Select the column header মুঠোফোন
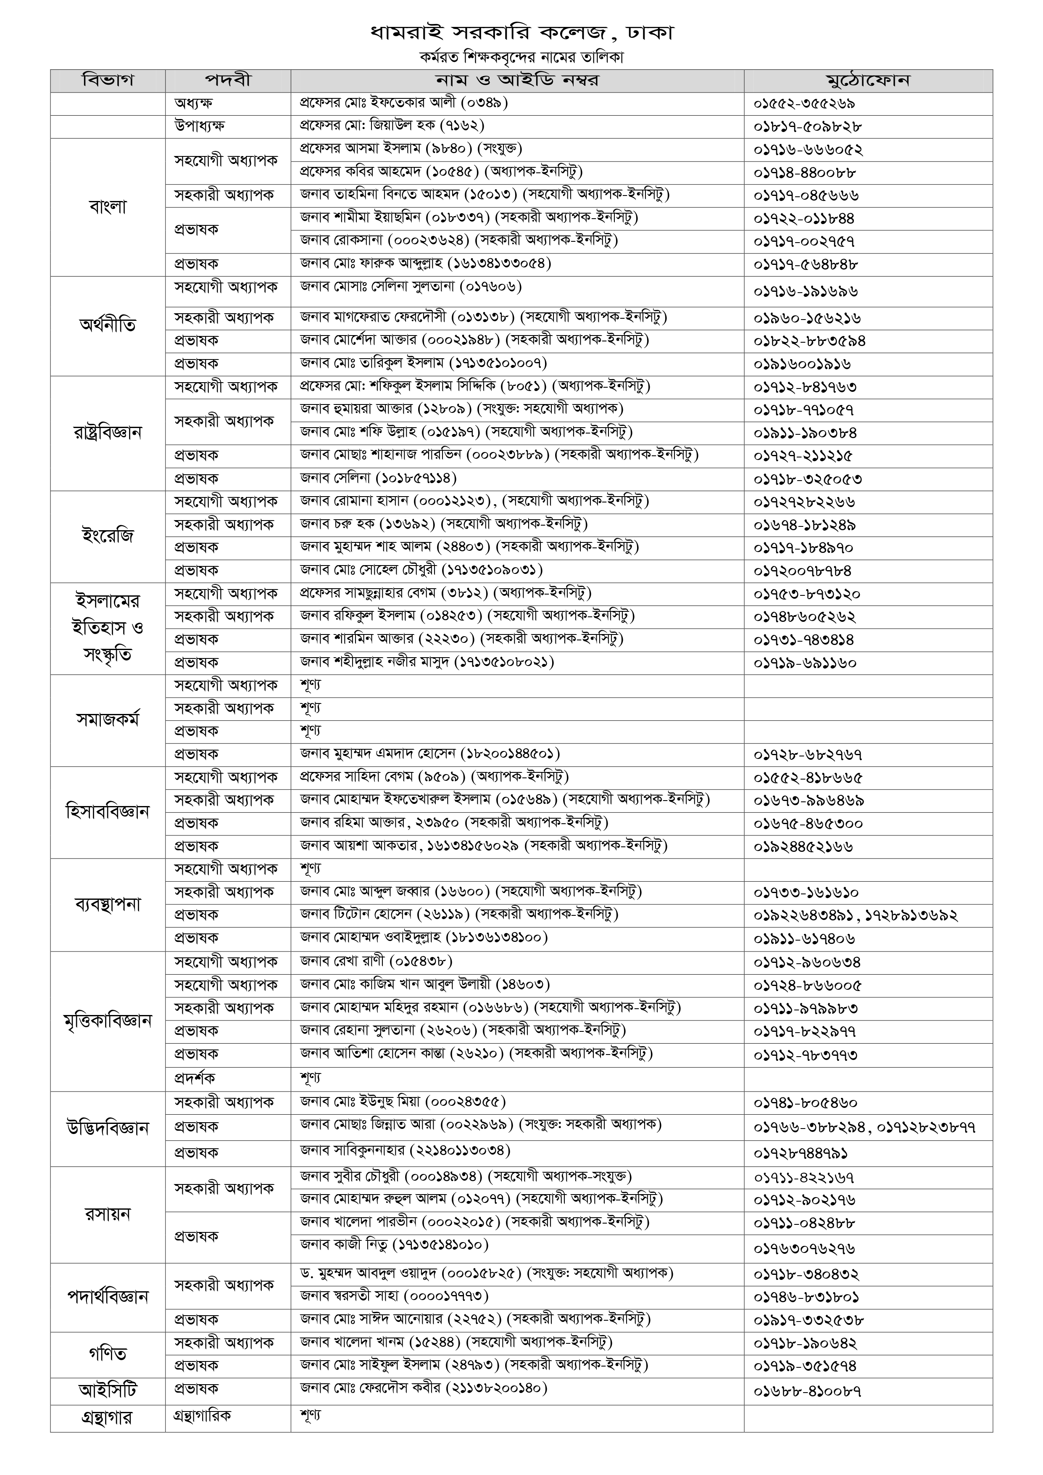coord(868,81)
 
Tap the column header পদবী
coord(228,81)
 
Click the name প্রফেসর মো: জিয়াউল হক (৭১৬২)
coord(392,126)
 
